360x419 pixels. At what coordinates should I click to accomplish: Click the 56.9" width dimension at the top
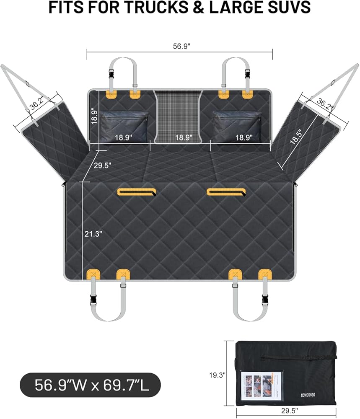tap(181, 46)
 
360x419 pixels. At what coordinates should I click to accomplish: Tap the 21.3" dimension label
tap(93, 234)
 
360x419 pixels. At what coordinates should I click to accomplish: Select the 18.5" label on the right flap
tap(296, 137)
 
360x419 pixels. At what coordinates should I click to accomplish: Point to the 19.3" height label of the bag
tap(217, 375)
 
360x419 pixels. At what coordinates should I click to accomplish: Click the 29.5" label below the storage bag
tap(290, 411)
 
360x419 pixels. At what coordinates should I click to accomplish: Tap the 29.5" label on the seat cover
tap(102, 166)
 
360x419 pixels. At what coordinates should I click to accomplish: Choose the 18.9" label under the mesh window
tap(184, 137)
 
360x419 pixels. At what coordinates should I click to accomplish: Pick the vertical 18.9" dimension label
tap(94, 116)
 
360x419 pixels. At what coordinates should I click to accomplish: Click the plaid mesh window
tap(177, 117)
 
